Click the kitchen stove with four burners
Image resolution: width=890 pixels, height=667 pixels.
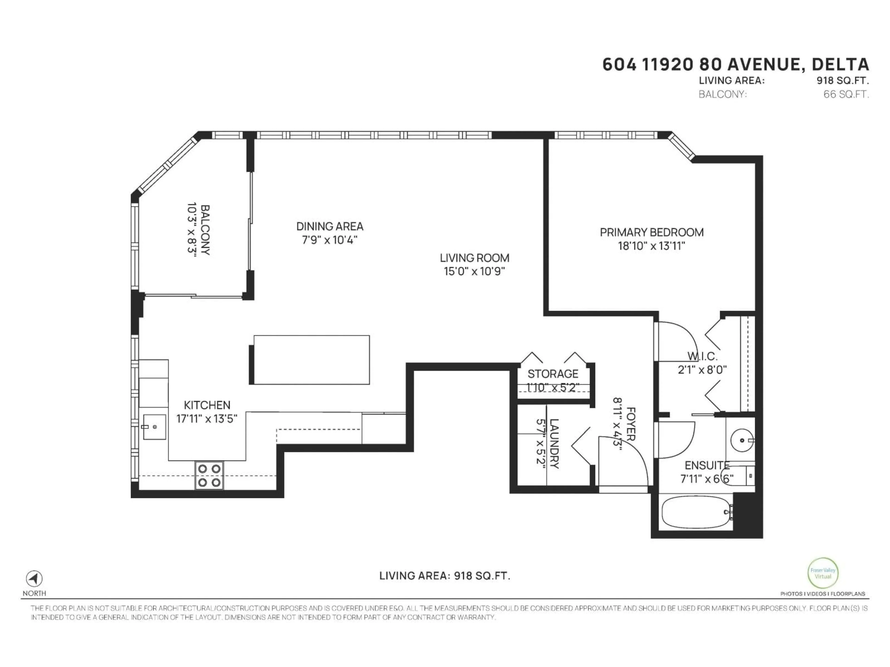(209, 475)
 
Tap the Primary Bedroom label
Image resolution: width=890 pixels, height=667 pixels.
(652, 232)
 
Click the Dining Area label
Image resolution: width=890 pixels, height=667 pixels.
(330, 226)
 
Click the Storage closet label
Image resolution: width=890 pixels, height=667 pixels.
(553, 374)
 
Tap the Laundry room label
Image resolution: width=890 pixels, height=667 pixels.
(554, 444)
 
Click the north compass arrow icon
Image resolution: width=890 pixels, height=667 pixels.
(34, 579)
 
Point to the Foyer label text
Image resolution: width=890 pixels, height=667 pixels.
(631, 424)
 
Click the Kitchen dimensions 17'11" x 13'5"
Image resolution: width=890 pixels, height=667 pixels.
(207, 418)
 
